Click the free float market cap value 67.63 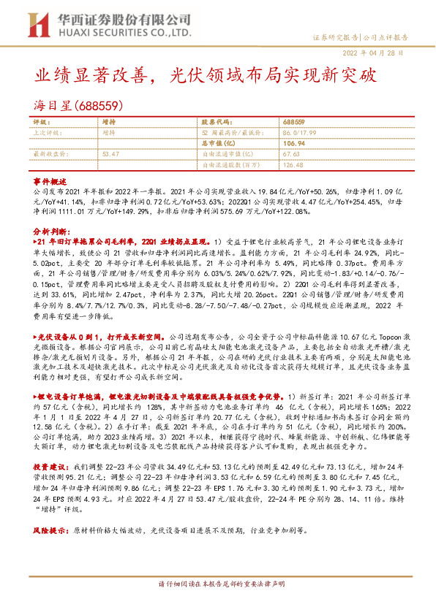tap(290, 154)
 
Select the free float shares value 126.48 tap(292, 164)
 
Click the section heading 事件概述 tap(50, 180)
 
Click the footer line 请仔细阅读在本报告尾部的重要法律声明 tap(217, 606)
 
